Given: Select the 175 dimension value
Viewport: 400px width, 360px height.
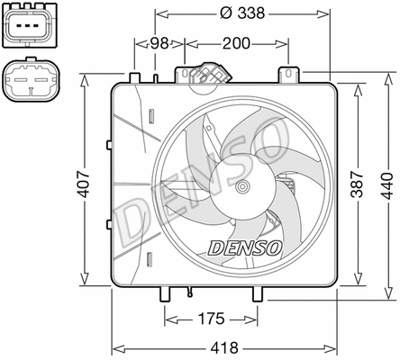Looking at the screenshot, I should tap(211, 319).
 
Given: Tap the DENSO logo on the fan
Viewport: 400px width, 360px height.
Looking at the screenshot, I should tap(245, 245).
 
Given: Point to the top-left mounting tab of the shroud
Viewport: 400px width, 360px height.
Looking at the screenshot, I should tap(135, 77).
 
